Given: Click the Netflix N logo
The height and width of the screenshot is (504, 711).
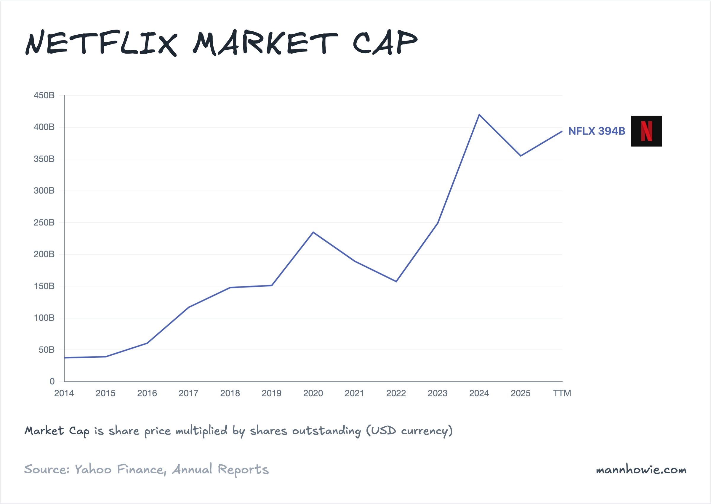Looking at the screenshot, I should pyautogui.click(x=646, y=131).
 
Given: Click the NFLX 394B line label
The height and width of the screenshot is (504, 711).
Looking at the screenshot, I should pyautogui.click(x=596, y=131).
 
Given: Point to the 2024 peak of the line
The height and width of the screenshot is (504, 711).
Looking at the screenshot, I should pyautogui.click(x=479, y=115).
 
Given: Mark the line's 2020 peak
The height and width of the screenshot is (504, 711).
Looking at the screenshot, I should pyautogui.click(x=313, y=232).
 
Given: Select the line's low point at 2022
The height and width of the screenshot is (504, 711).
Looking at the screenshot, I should pyautogui.click(x=396, y=282).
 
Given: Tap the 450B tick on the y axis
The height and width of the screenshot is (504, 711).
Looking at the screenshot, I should pyautogui.click(x=44, y=95).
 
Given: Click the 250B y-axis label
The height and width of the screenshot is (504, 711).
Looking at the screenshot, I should pyautogui.click(x=44, y=222).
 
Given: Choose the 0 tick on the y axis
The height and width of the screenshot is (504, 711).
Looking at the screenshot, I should pyautogui.click(x=52, y=381).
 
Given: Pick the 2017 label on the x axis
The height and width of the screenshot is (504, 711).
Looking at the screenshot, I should pyautogui.click(x=188, y=393).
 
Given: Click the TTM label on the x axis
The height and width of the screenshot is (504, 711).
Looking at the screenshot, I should pyautogui.click(x=562, y=393).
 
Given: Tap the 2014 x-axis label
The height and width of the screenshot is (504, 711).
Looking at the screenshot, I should pyautogui.click(x=64, y=393).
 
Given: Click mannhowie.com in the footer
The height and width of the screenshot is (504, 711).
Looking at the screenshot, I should pyautogui.click(x=641, y=470).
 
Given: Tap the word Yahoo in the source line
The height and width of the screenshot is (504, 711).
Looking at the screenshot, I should pyautogui.click(x=93, y=469).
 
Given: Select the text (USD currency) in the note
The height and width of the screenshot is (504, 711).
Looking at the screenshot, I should pyautogui.click(x=409, y=431).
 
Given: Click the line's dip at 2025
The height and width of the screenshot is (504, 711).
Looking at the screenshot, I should pyautogui.click(x=521, y=156).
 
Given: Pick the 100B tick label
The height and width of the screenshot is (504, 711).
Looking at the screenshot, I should pyautogui.click(x=44, y=318).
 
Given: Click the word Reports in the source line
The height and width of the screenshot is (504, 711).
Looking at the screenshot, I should pyautogui.click(x=243, y=470).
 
